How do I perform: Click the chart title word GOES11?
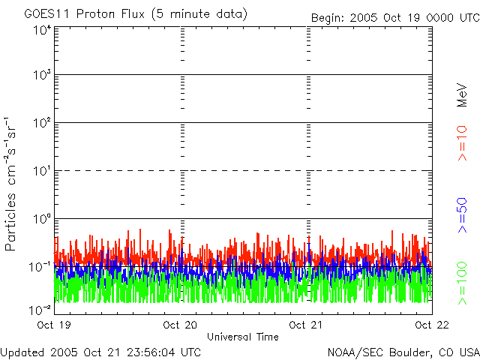46,14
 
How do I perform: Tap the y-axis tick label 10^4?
42,30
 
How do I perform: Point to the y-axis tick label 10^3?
42,76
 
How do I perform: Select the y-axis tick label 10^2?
42,123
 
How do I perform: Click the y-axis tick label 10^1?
42,171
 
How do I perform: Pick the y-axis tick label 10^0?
42,219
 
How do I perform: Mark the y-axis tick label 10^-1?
41,266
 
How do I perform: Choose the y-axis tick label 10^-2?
41,309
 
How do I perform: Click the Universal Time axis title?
242,337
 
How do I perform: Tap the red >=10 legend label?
463,142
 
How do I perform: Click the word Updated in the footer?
22,351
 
